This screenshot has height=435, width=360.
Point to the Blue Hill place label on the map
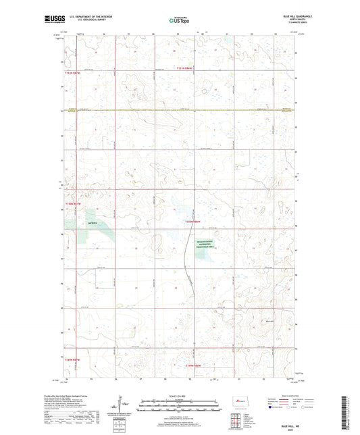pyautogui.click(x=272, y=322)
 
